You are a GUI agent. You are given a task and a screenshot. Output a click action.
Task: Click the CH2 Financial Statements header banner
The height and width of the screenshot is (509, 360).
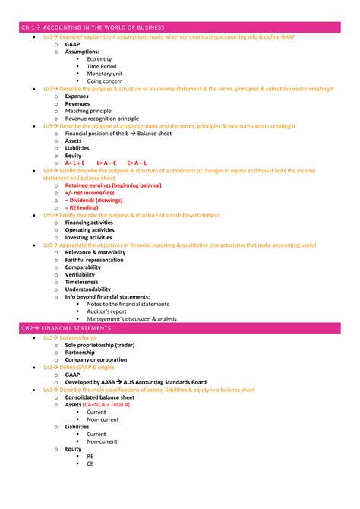(179, 328)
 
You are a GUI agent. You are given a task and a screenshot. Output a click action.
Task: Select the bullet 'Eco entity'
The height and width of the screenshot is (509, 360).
(102, 58)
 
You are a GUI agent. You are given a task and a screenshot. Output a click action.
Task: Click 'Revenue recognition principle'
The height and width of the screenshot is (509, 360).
(102, 119)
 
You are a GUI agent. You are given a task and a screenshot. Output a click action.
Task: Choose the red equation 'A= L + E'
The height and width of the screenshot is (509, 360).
(78, 163)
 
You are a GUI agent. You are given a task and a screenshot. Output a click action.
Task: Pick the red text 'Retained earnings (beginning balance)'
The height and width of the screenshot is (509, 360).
(113, 185)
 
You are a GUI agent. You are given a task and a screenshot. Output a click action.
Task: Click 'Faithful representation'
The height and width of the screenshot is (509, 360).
(94, 260)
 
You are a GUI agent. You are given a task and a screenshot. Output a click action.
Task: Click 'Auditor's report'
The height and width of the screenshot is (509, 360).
(107, 311)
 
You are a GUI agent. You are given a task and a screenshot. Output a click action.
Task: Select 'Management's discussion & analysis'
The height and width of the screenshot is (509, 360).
(131, 319)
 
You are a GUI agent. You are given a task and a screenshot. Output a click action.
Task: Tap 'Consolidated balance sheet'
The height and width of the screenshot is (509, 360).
(99, 397)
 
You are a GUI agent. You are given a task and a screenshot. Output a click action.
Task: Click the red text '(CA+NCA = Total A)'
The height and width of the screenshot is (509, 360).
(107, 405)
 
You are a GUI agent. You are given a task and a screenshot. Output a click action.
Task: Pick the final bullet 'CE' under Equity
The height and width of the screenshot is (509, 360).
(90, 463)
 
